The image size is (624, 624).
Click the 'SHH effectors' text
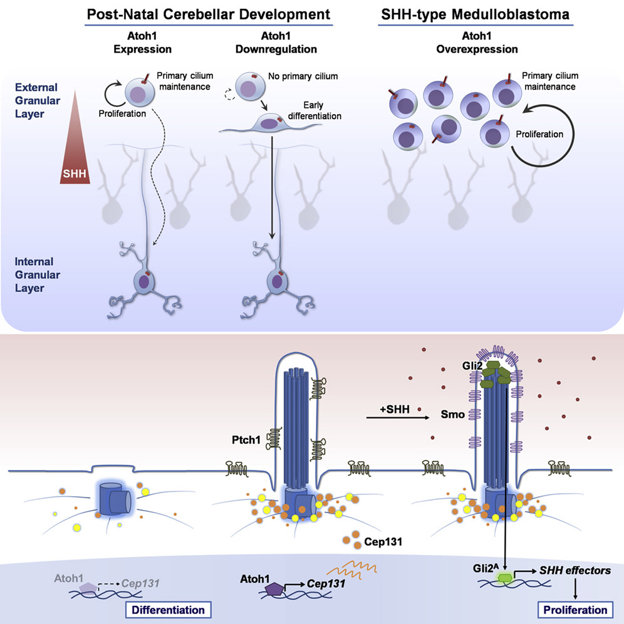pyautogui.click(x=577, y=571)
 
